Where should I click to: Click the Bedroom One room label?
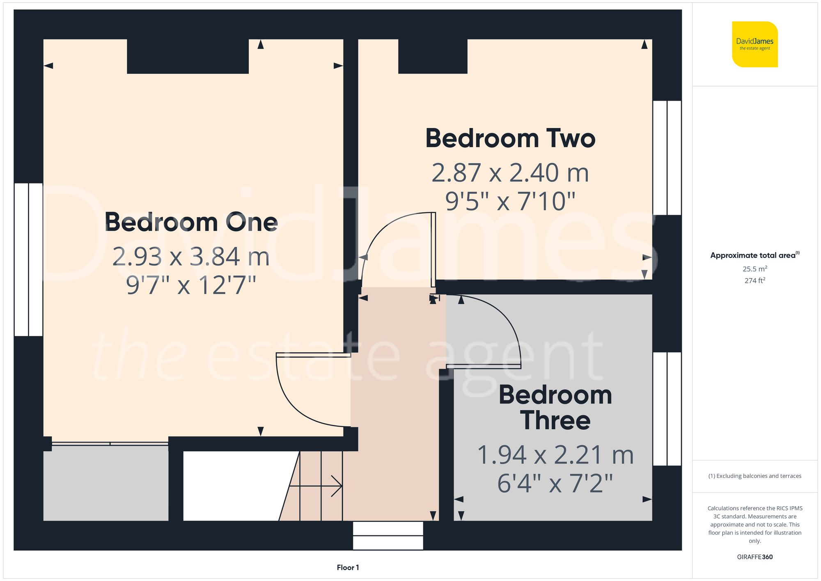[x=191, y=222]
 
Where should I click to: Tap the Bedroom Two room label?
[x=510, y=138]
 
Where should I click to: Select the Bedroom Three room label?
[x=555, y=408]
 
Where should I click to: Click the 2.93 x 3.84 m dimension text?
[x=191, y=257]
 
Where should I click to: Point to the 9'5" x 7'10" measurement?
[x=510, y=201]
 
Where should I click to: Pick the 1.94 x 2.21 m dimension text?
[x=555, y=455]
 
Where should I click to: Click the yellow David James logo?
[x=754, y=44]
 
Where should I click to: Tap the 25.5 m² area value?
[x=754, y=269]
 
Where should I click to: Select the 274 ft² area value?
[x=754, y=280]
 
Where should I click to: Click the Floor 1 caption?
[x=348, y=567]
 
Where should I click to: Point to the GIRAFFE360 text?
[x=754, y=557]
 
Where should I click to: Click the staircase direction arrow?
[x=316, y=486]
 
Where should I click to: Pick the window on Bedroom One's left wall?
[x=28, y=259]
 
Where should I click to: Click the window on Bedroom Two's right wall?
[x=667, y=158]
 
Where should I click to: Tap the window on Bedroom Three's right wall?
[x=667, y=409]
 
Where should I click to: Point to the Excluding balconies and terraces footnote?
[x=754, y=476]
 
